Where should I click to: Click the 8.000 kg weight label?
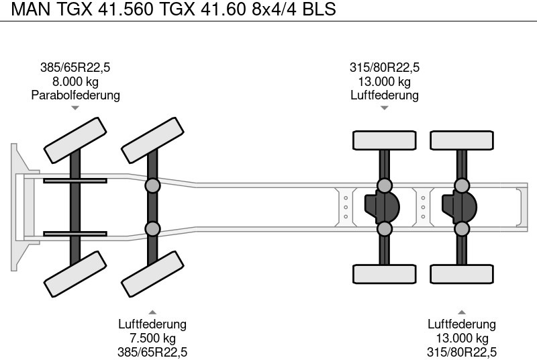pyautogui.click(x=75, y=81)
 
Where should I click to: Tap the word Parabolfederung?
pyautogui.click(x=75, y=95)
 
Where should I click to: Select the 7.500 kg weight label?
pyautogui.click(x=152, y=339)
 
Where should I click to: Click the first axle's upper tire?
pyautogui.click(x=75, y=140)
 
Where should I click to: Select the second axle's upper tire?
pyautogui.click(x=152, y=140)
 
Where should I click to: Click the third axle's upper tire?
pyautogui.click(x=385, y=140)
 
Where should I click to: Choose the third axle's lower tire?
pyautogui.click(x=385, y=273)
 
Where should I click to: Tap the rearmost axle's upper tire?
pyautogui.click(x=462, y=140)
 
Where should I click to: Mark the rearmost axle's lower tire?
pyautogui.click(x=462, y=273)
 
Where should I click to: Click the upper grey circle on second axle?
pyautogui.click(x=152, y=185)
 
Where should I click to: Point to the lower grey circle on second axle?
pyautogui.click(x=152, y=228)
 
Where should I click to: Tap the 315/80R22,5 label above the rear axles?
pyautogui.click(x=385, y=67)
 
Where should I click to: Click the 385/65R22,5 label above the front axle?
pyautogui.click(x=75, y=67)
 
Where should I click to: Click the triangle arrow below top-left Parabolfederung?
pyautogui.click(x=75, y=107)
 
